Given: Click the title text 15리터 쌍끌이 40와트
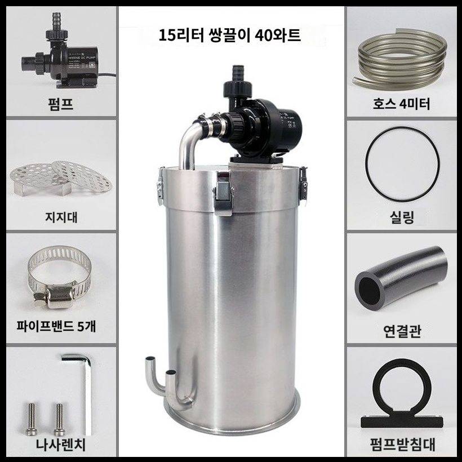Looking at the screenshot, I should [x=230, y=37].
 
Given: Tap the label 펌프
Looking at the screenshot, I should [x=61, y=103].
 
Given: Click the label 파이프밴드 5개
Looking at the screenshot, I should [x=61, y=327].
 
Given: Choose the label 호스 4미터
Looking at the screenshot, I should [x=402, y=103].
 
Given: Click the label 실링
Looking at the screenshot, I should [x=402, y=217].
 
